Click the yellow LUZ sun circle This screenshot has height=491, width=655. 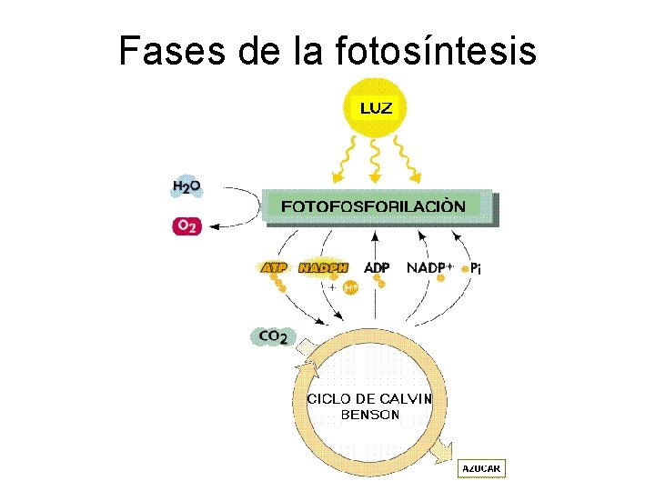point(377,108)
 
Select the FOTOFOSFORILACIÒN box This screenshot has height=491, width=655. point(377,206)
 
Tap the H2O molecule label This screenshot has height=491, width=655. point(186,187)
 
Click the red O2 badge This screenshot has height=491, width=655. point(186,225)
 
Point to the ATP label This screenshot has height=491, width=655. point(274,268)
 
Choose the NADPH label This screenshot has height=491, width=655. point(323,268)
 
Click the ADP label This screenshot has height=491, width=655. point(377,268)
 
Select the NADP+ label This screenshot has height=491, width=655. point(430,268)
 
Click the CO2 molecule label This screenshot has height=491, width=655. point(273,336)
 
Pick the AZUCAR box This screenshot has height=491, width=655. point(480,468)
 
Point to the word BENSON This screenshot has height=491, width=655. point(369,415)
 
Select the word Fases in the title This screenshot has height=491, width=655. point(173,51)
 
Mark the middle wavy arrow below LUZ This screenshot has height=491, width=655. point(377,159)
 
